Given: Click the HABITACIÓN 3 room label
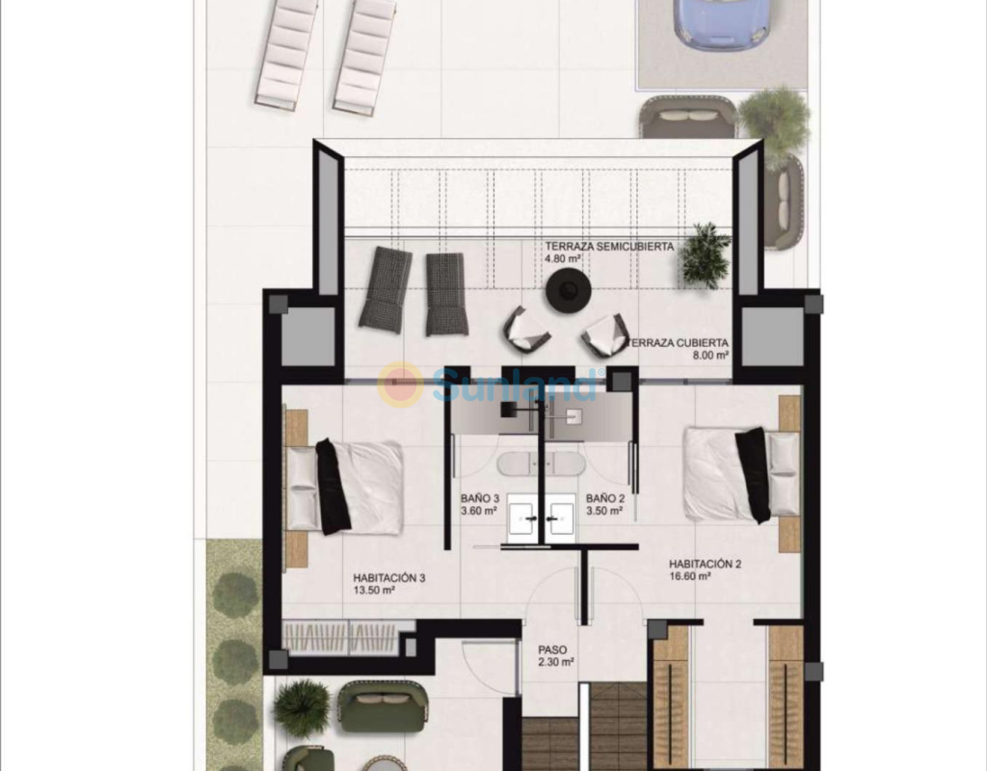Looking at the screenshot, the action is click(389, 577).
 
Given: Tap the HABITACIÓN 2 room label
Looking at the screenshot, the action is click(705, 564).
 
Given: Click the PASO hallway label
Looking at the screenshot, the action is click(552, 650).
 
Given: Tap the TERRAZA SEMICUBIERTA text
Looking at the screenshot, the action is click(609, 246).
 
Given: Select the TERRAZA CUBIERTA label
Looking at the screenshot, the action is click(679, 343).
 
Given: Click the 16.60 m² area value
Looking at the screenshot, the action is click(690, 576).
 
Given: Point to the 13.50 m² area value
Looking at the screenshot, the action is click(374, 590).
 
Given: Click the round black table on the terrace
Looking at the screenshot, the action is click(569, 290).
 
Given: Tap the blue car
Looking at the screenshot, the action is click(720, 22).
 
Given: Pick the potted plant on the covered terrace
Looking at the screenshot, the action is click(706, 255).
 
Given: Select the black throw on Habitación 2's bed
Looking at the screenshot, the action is click(753, 475).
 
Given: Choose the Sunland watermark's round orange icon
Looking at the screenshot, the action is click(400, 384).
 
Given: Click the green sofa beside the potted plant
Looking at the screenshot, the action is click(383, 707).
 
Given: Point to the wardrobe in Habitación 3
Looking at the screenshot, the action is click(348, 637).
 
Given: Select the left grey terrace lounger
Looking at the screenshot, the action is click(385, 289).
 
